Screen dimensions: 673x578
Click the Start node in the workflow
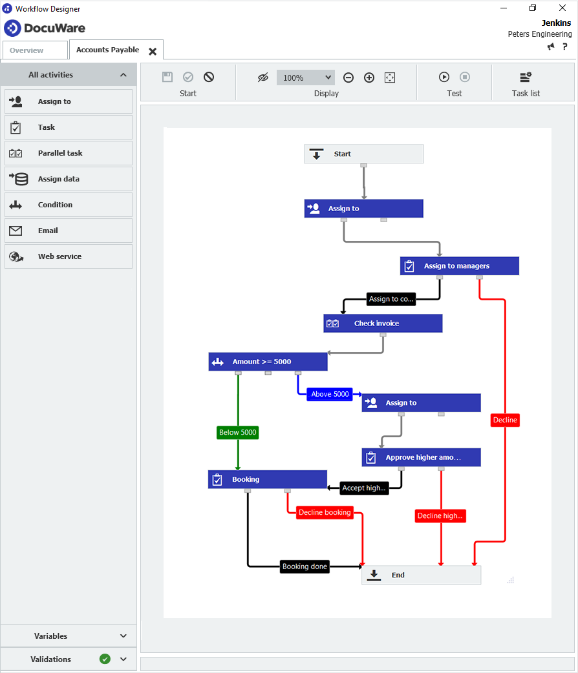coord(363,154)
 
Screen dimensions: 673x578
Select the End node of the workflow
coord(421,575)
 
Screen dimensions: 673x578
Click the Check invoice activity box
coord(383,324)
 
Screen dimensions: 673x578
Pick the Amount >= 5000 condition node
coord(268,362)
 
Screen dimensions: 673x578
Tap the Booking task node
coord(267,479)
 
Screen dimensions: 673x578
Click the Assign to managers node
coord(459,266)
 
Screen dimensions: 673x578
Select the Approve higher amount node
coord(421,457)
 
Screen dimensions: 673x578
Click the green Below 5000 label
coord(237,432)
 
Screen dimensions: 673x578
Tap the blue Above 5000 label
coord(330,394)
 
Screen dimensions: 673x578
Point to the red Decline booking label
coord(325,513)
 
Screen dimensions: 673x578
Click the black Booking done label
coord(305,566)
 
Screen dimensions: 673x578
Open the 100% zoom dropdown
coord(305,78)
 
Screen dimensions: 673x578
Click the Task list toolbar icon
coord(526,78)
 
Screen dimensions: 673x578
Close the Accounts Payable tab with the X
coord(153,51)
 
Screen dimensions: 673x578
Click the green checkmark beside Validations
coord(105,659)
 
